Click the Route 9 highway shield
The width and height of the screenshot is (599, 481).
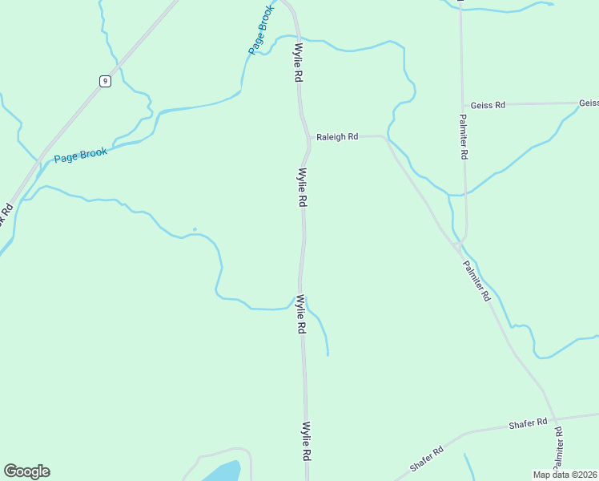(105, 80)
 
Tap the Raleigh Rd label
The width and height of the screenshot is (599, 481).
(336, 137)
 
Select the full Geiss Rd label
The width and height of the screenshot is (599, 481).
(488, 105)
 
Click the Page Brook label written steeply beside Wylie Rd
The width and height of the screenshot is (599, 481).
(261, 31)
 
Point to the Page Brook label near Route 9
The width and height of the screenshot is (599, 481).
(80, 154)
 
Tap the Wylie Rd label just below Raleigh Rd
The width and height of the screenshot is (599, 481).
(303, 188)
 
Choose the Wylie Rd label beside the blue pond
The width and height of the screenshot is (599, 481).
(306, 441)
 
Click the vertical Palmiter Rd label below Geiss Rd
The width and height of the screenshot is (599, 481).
(463, 136)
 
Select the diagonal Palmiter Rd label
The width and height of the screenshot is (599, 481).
(476, 281)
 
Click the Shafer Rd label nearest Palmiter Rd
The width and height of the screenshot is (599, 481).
(528, 422)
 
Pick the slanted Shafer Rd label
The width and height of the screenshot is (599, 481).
(427, 459)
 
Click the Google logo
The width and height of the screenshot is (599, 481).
(26, 471)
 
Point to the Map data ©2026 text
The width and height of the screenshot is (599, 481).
(565, 475)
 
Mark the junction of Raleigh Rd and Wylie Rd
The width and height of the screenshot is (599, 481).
(308, 138)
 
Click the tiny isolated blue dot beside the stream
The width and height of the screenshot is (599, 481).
(195, 229)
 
